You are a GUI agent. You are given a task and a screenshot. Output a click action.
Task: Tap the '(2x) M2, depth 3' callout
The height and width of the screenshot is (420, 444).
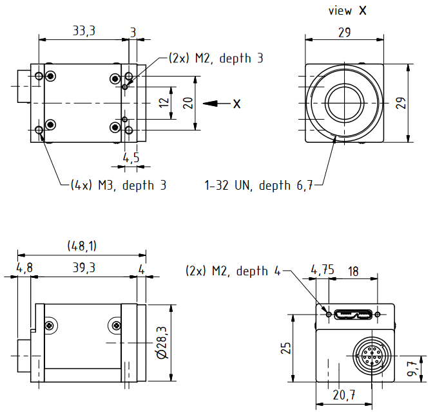[215, 58]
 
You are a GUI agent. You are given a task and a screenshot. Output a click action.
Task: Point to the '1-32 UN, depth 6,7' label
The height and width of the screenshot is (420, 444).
[258, 186]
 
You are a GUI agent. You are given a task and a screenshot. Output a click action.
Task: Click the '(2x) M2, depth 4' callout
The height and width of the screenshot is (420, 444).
[233, 271]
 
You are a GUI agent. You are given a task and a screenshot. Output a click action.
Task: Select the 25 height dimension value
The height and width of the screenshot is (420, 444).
[287, 347]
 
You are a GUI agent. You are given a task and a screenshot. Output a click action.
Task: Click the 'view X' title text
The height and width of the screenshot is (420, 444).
[347, 10]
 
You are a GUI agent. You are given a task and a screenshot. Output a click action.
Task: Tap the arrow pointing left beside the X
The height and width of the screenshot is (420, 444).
[212, 103]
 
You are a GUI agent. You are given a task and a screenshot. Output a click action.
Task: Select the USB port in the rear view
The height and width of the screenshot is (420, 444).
[352, 315]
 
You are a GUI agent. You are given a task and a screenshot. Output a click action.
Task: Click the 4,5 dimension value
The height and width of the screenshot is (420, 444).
[131, 158]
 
